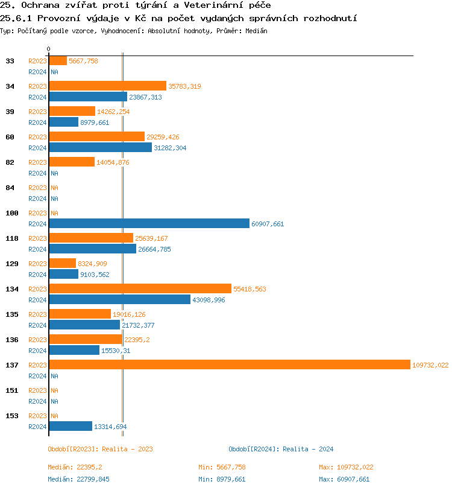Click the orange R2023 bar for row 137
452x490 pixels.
click(229, 364)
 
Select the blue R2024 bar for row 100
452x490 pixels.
click(149, 223)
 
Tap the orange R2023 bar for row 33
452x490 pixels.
click(58, 60)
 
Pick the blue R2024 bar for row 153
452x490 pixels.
click(71, 426)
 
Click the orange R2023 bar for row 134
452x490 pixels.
click(140, 288)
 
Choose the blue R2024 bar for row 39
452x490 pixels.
click(63, 122)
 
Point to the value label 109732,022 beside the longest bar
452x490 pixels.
click(430, 365)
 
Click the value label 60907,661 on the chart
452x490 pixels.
click(268, 224)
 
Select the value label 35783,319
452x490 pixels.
click(184, 86)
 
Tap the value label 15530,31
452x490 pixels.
click(116, 351)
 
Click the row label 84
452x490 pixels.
click(10, 188)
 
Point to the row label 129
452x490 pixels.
click(12, 264)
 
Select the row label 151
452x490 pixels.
click(12, 390)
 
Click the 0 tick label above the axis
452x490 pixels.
click(49, 49)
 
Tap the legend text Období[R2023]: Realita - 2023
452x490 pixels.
click(100, 449)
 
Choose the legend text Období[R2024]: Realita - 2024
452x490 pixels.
click(281, 449)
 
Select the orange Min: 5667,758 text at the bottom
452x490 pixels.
click(222, 467)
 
